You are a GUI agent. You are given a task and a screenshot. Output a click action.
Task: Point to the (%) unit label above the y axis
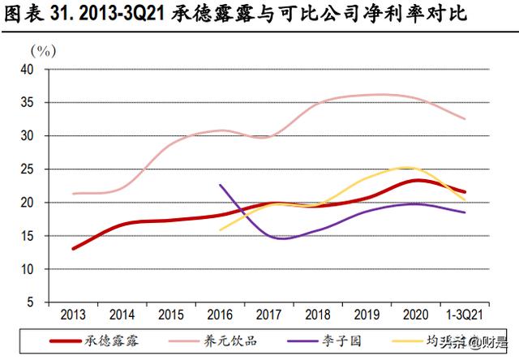[x=42, y=50]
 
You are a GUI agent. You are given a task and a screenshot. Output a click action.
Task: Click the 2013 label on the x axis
[x=74, y=313]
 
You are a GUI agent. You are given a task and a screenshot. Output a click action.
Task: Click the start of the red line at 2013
[x=74, y=248]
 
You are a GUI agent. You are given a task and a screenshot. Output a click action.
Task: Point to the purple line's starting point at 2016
[x=220, y=185]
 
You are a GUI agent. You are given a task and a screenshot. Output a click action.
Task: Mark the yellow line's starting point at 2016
[x=220, y=230]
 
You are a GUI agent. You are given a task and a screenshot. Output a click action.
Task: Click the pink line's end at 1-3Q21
[x=465, y=119]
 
